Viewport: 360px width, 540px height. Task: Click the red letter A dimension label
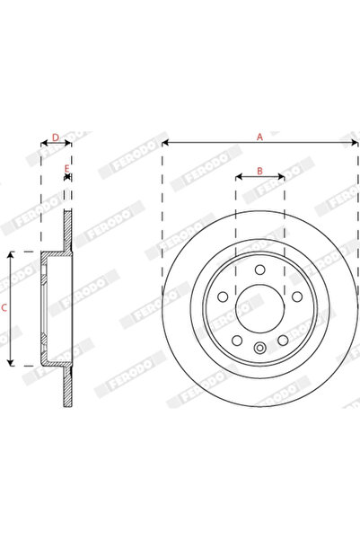260,137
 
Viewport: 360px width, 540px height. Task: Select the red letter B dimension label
259,171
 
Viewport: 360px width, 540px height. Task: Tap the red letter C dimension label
4,308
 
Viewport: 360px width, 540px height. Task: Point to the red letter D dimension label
55,137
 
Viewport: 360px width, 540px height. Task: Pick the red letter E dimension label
66,169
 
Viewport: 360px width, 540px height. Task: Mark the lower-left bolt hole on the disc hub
237,339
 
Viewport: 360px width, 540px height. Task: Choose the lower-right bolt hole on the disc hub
282,339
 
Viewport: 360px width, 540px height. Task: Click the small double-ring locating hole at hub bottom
259,350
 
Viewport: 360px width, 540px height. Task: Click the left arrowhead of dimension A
165,143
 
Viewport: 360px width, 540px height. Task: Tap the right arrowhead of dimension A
356,143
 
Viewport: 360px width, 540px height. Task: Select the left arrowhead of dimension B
238,177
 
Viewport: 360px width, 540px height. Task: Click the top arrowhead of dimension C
10,255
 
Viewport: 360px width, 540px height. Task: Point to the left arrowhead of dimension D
43,143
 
